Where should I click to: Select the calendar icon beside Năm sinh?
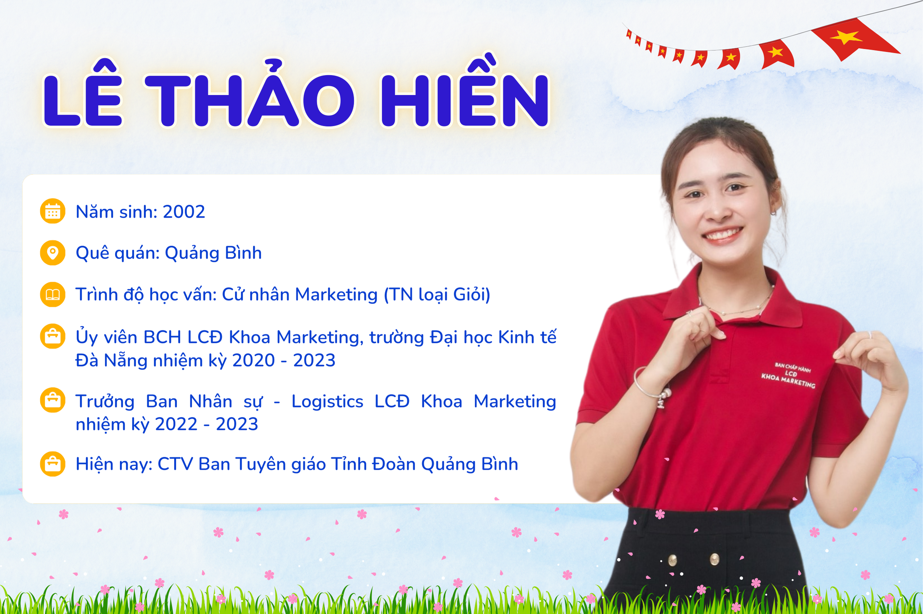52,211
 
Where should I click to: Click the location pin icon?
52,253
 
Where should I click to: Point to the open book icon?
52,295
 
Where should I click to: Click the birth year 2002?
184,212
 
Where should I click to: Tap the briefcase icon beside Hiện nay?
52,464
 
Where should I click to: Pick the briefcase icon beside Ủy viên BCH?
52,336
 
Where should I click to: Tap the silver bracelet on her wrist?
651,388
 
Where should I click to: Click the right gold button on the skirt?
714,559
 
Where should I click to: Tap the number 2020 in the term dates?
254,360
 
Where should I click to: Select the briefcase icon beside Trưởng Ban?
52,400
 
